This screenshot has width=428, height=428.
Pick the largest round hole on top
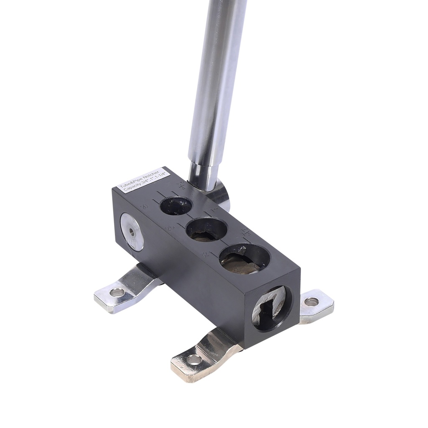tap(244, 258)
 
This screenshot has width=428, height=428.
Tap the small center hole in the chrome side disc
tap(132, 231)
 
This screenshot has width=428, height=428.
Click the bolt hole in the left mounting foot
tap(117, 292)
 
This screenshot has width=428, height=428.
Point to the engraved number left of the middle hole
tap(170, 228)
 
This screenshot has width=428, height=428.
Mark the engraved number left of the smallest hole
tap(145, 206)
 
